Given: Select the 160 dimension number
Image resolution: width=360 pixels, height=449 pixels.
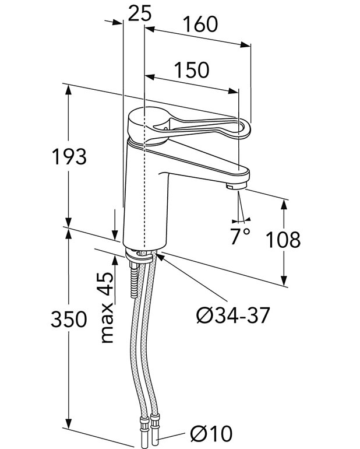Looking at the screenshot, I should (x=200, y=24).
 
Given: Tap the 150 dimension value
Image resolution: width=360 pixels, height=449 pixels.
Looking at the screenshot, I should (x=192, y=70).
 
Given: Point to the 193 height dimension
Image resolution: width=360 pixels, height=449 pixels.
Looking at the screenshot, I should (x=69, y=157).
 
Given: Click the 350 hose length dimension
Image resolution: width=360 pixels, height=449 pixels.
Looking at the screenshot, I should (x=69, y=319).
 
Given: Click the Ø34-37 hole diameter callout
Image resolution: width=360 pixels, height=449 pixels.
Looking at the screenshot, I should (x=233, y=315).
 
